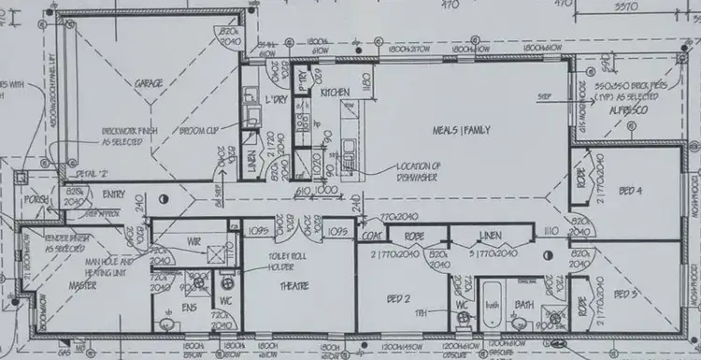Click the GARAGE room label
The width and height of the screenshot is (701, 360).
149,83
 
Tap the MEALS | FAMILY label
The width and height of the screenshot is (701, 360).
461,128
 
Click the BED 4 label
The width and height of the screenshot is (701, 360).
631,191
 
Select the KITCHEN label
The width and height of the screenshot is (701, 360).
335,94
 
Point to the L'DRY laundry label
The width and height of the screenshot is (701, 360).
275,99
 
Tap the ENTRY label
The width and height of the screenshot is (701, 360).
114,194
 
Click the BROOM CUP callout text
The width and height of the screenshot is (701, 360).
199,132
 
